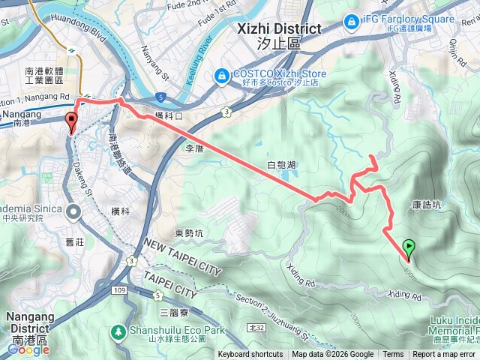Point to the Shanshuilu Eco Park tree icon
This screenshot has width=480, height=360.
[x=118, y=331]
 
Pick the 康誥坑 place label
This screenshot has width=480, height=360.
[x=427, y=205]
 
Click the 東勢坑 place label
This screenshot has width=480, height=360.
[x=189, y=233]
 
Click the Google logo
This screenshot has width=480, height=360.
[x=28, y=349]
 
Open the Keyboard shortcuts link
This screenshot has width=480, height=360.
[x=250, y=355]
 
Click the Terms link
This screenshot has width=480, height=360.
[x=393, y=355]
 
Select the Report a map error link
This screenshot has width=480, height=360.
[x=445, y=355]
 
